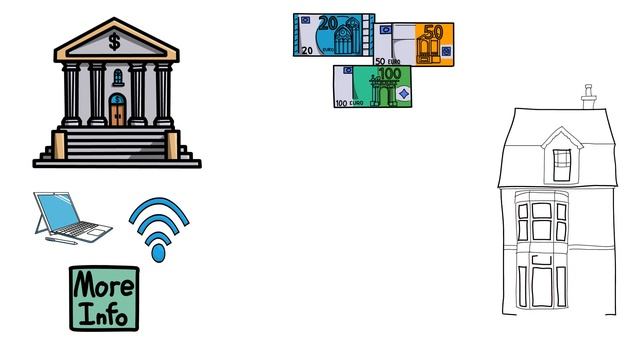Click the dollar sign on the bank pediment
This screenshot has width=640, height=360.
[115, 42]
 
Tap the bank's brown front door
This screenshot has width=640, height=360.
[117, 115]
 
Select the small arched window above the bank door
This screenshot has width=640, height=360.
[118, 78]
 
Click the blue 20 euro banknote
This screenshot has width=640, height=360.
[334, 35]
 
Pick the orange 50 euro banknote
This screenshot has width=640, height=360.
[414, 44]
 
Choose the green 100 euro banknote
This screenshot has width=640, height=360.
[372, 86]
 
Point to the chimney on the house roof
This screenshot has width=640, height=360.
[588, 97]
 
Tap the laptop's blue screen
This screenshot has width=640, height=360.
[58, 211]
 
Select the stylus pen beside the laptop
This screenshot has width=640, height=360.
[61, 241]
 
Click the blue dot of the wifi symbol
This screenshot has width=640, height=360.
[158, 253]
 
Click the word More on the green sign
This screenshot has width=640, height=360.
[103, 284]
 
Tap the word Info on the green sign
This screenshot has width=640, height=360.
[103, 314]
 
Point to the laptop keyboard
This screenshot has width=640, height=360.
[78, 228]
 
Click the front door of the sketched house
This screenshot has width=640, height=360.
[542, 287]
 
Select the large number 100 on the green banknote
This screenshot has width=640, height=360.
[389, 74]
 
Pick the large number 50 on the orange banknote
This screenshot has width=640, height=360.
[433, 32]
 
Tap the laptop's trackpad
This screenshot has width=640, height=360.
[97, 233]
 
